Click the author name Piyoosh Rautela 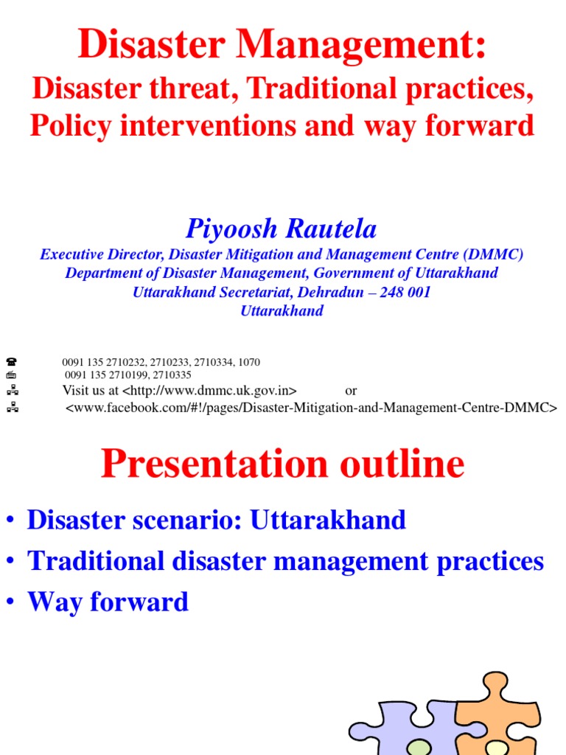[x=282, y=229]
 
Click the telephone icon [x=11, y=362]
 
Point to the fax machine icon [x=11, y=375]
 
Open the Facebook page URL [x=311, y=407]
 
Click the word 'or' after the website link [x=351, y=390]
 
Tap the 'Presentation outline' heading [x=283, y=464]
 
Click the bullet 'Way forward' [x=108, y=602]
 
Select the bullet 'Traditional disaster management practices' [x=285, y=561]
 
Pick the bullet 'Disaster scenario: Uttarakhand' [x=216, y=520]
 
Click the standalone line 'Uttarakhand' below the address [x=282, y=310]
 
